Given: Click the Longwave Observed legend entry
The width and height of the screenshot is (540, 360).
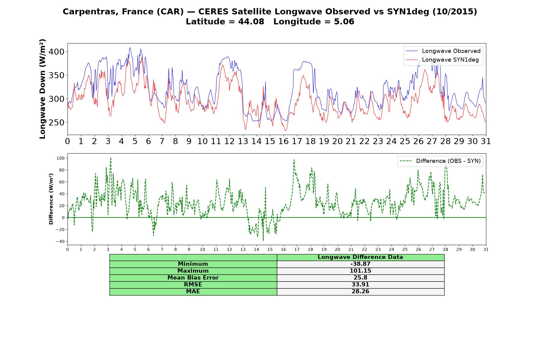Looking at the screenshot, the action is (x=443, y=51).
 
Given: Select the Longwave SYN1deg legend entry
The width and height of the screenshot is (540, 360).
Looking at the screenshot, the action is (x=442, y=60).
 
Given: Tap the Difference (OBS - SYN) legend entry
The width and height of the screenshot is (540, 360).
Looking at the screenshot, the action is (x=440, y=161).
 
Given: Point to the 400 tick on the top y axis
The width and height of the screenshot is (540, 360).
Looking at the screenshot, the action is (x=56, y=52).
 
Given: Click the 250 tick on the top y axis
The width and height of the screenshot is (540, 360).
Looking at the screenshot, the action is (x=56, y=122).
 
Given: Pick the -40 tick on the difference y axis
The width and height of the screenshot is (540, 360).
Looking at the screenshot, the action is (x=60, y=241).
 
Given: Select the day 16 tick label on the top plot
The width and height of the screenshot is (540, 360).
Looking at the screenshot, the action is (x=283, y=141).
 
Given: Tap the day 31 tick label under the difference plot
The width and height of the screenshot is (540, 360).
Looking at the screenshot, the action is (x=486, y=249).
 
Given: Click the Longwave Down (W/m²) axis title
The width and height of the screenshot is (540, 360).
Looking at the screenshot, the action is (x=43, y=89).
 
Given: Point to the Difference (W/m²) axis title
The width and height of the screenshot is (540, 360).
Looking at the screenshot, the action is (x=51, y=199).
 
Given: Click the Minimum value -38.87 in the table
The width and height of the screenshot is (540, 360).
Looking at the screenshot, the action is (x=360, y=264).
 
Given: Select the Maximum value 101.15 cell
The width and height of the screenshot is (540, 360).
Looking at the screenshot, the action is (x=360, y=271).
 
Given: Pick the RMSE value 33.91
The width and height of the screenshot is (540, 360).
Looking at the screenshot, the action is (x=360, y=285).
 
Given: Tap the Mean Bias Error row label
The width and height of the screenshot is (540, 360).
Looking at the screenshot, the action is (x=193, y=278).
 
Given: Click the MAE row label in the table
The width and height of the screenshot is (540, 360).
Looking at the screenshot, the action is (x=193, y=292).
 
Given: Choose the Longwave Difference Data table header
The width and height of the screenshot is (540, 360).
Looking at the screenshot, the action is (x=360, y=257).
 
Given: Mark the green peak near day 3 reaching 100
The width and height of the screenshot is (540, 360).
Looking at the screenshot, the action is (x=111, y=158).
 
